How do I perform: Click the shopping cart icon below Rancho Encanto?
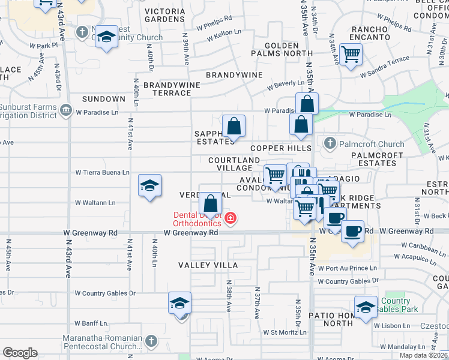tap(351, 55)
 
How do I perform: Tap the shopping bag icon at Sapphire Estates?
tap(234, 127)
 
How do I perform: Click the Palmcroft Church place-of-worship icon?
tap(329, 143)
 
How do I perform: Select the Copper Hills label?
tap(280, 148)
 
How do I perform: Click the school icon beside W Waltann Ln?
tap(149, 185)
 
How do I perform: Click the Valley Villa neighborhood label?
tap(208, 265)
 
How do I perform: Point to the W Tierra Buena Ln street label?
tap(102, 172)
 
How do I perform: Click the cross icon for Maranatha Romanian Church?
tap(151, 341)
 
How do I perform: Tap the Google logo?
tap(20, 352)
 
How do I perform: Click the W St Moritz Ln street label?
tap(286, 332)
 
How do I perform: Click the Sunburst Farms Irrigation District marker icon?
tap(66, 110)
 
